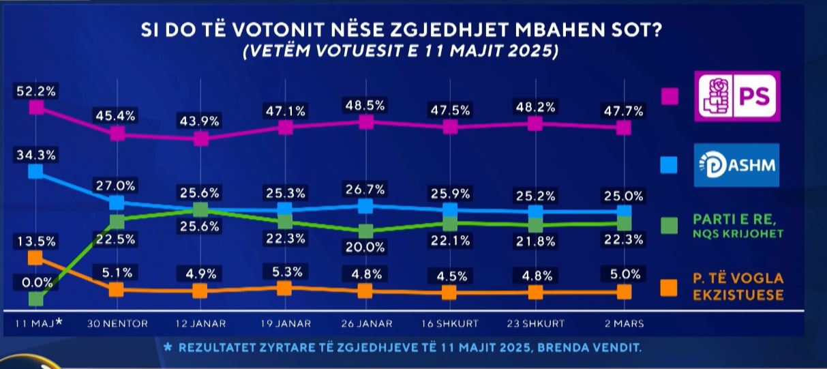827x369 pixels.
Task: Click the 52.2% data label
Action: pyautogui.click(x=37, y=90)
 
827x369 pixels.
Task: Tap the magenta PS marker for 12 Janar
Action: pyautogui.click(x=200, y=139)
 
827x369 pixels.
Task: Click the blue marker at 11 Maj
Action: pyautogui.click(x=37, y=171)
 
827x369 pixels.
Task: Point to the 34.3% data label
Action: pyautogui.click(x=37, y=155)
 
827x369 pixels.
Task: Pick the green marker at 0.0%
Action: pyautogui.click(x=37, y=298)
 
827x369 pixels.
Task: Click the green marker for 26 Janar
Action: pyautogui.click(x=365, y=231)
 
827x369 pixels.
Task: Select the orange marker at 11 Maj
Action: pyautogui.click(x=37, y=257)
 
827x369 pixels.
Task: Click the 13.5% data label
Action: pyautogui.click(x=37, y=241)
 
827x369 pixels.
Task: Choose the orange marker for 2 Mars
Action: pyautogui.click(x=623, y=292)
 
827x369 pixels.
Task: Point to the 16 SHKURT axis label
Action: pyautogui.click(x=450, y=323)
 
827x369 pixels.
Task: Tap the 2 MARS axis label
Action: pyautogui.click(x=623, y=323)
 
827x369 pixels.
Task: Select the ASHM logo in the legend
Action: pyautogui.click(x=736, y=164)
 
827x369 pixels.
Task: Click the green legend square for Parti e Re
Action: pyautogui.click(x=669, y=225)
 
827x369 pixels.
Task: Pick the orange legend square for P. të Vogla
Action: pyautogui.click(x=669, y=287)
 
